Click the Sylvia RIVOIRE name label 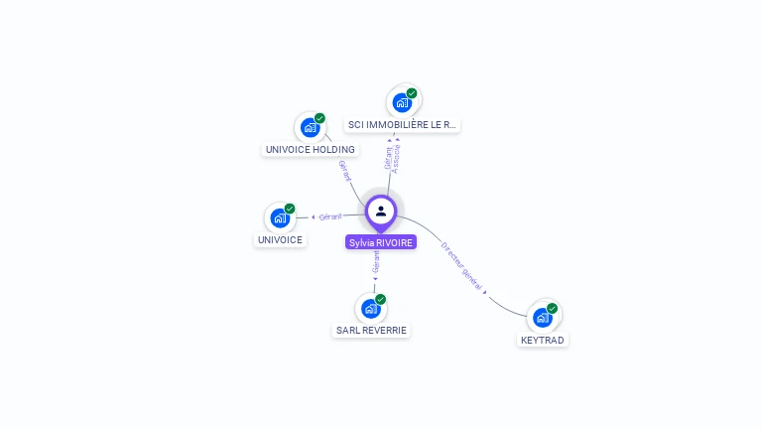tap(380, 242)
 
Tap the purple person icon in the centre tap(381, 211)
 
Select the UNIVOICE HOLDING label tap(310, 150)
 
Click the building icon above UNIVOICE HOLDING tap(310, 127)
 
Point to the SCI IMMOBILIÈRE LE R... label tap(403, 125)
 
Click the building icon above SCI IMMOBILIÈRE tap(401, 102)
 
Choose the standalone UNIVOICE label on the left tap(280, 240)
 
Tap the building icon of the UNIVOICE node tap(280, 217)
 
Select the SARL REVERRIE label tap(371, 331)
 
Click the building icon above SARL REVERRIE tap(371, 308)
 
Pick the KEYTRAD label tap(543, 341)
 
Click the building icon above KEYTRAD tap(542, 318)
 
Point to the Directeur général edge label tap(462, 265)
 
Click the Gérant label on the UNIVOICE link tap(330, 216)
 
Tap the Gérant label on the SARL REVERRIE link tap(376, 262)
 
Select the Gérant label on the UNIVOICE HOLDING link tap(345, 171)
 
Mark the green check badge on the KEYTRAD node tap(553, 309)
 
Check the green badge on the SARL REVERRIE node tap(381, 299)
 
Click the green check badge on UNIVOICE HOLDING tap(319, 118)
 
